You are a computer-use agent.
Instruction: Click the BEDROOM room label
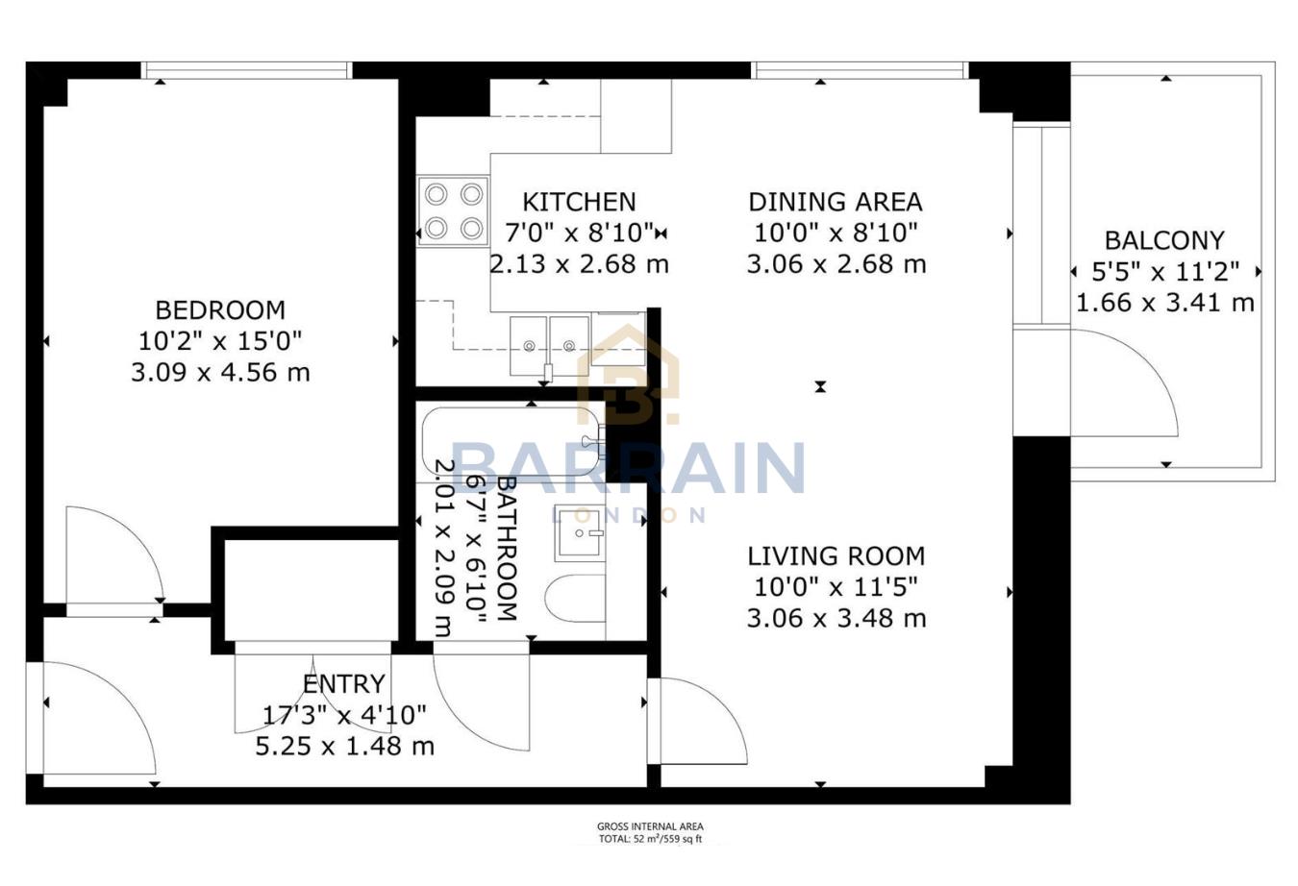point(220,310)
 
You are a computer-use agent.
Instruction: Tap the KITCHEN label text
point(579,202)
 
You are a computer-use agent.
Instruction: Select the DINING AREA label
point(835,202)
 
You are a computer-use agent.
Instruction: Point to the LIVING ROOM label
point(836,555)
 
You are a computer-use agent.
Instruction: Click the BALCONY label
point(1163,240)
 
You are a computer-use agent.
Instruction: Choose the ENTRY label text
point(343,684)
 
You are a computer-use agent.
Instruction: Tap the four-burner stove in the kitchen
point(453,211)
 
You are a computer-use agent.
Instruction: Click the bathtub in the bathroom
point(510,442)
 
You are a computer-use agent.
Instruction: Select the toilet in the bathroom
point(575,599)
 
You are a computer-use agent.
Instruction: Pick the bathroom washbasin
point(579,534)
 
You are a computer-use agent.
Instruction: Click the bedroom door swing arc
point(111,557)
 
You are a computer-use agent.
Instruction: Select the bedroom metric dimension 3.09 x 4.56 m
point(220,372)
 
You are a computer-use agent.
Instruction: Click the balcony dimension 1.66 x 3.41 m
point(1163,303)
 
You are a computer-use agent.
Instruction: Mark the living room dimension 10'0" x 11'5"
point(836,586)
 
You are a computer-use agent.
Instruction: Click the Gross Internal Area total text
point(650,832)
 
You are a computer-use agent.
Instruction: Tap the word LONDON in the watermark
point(630,516)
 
